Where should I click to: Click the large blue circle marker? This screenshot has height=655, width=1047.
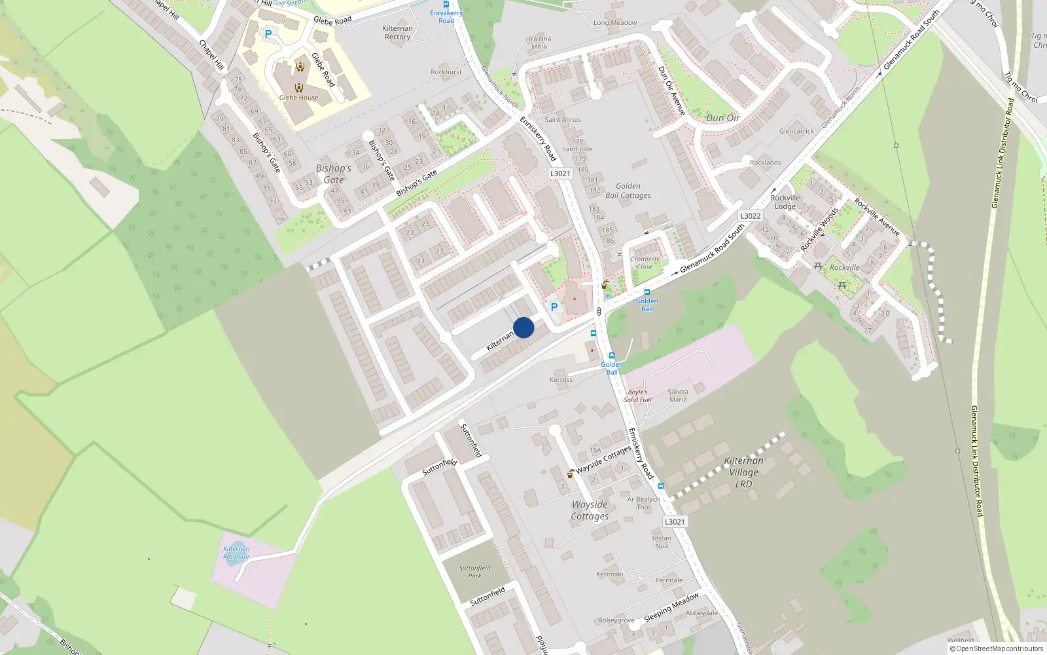click(x=523, y=327)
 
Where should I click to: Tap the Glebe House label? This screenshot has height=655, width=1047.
click(x=298, y=98)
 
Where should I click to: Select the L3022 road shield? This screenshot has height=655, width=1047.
click(x=751, y=216)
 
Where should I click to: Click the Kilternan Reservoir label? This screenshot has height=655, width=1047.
click(x=236, y=553)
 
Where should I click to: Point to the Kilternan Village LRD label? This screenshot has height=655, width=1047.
click(x=743, y=472)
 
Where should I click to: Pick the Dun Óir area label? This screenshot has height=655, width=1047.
click(x=722, y=118)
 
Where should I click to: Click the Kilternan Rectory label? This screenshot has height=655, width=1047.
click(x=397, y=33)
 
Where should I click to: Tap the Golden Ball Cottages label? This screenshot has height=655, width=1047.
click(x=628, y=191)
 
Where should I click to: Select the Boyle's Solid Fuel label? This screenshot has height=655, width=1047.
click(x=637, y=396)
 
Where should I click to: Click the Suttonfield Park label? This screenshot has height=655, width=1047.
click(x=474, y=572)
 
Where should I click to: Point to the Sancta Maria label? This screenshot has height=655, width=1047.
click(x=678, y=396)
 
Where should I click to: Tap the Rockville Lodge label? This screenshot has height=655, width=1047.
click(x=785, y=202)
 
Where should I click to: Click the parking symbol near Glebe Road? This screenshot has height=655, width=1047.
click(x=268, y=34)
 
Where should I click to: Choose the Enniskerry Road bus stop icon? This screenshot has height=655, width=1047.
click(x=446, y=5)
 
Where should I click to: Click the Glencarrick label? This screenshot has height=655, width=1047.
click(x=796, y=131)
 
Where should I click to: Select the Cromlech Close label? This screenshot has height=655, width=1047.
click(x=645, y=263)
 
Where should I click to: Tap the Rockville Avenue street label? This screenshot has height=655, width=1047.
click(x=877, y=217)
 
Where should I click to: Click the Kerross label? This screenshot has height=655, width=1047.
click(x=561, y=380)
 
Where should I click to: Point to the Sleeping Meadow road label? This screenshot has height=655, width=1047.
click(x=671, y=608)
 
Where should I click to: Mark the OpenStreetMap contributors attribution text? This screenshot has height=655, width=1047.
click(x=997, y=648)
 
